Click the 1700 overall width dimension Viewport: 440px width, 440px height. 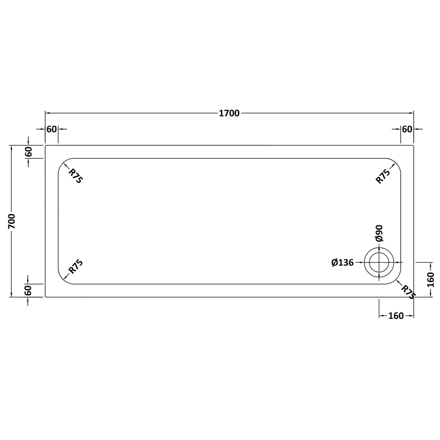(229, 113)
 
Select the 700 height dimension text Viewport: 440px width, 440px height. (12, 221)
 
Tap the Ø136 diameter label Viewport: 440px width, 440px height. (343, 262)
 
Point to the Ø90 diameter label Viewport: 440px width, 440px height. (379, 233)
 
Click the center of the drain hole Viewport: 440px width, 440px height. (379, 262)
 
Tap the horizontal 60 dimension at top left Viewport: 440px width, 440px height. (52, 129)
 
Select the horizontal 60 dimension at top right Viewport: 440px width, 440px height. (407, 129)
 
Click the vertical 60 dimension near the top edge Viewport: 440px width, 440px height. (29, 151)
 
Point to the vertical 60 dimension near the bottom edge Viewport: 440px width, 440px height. (29, 290)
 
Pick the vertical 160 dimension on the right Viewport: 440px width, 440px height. (431, 279)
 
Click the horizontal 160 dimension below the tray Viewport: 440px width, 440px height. (396, 316)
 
